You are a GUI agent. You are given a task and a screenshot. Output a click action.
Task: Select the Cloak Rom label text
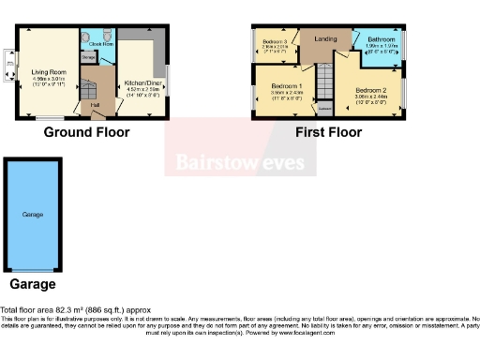tap(101, 43)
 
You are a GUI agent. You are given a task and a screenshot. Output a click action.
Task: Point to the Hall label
tap(96, 105)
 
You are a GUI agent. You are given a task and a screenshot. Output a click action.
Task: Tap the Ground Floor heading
tap(86, 132)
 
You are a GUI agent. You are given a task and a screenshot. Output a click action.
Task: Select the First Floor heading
tap(328, 132)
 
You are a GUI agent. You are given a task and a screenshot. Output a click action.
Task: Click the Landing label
tap(325, 38)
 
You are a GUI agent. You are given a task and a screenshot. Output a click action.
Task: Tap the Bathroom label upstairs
tap(382, 39)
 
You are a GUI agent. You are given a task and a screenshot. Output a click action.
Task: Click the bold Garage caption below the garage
tap(33, 284)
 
